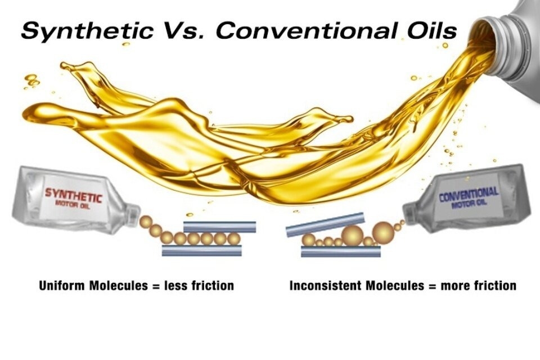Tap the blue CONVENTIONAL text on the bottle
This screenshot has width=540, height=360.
coord(468,195)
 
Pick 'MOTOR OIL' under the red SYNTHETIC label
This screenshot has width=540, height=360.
coord(74,205)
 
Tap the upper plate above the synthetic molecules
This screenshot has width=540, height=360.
coord(220,227)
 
